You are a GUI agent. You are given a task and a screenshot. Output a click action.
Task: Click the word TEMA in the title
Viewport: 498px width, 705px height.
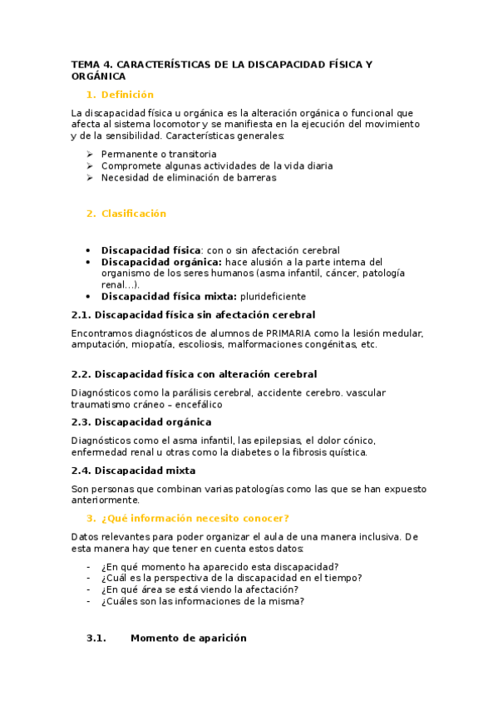point(84,63)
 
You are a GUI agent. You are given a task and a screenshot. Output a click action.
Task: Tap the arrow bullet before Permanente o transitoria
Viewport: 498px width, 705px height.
point(90,154)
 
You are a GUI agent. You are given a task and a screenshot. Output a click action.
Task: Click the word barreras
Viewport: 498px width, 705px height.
point(255,177)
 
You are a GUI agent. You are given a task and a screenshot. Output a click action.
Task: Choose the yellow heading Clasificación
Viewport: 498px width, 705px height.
point(134,214)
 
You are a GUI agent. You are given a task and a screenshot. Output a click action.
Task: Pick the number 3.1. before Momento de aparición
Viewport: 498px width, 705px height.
point(97,638)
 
